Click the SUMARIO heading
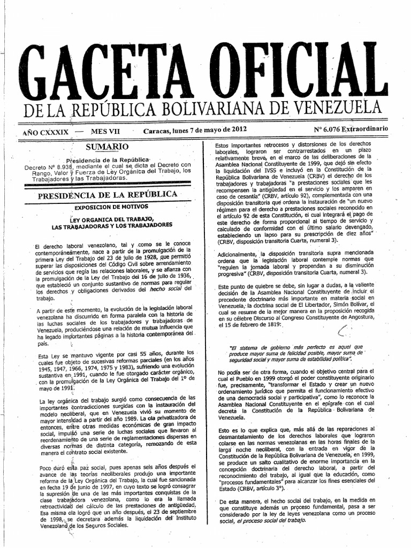pos(107,146)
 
